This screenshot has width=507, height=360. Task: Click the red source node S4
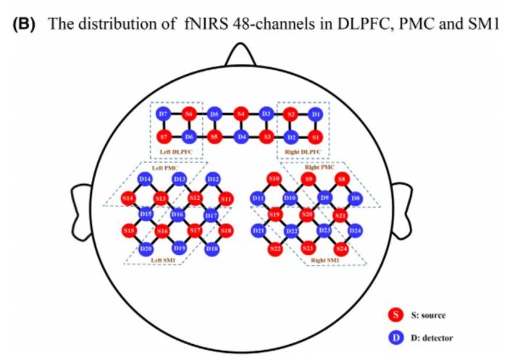(241, 114)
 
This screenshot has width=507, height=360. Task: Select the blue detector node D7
(163, 114)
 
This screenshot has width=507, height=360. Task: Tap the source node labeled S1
(314, 135)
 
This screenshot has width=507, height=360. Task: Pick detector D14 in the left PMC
(145, 179)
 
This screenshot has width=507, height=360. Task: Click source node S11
(226, 198)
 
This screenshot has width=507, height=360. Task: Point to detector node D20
(146, 248)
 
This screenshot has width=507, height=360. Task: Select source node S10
(273, 178)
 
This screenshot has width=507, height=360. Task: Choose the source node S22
(275, 248)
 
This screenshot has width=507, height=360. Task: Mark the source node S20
(307, 214)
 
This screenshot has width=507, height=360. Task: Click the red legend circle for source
(395, 314)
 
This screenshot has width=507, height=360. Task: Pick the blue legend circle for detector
(395, 336)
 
